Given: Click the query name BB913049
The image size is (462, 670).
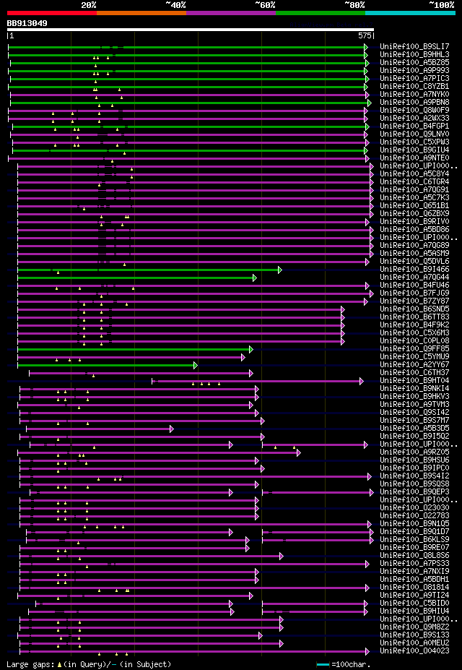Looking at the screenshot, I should coord(27,23).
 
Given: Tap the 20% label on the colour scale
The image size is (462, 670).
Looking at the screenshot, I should coord(89,5).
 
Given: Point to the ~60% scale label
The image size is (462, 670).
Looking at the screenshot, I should coord(265,5).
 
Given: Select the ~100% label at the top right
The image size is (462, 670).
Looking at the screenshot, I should coord(441,5).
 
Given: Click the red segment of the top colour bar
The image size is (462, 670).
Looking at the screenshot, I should coord(51,12).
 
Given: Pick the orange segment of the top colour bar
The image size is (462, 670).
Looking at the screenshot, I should coord(141,12).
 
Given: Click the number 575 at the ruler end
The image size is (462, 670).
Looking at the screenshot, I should coord(365,35).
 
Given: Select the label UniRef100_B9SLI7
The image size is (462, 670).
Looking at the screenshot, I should coord(414,46).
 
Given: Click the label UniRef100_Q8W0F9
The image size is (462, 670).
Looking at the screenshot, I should coord(414,110).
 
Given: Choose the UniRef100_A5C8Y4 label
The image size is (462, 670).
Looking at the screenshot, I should coord(414,173).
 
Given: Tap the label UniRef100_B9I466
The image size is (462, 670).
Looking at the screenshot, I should coord(414,269).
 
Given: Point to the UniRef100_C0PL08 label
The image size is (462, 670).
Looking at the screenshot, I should coord(414,340).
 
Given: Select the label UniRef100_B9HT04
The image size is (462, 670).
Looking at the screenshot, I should coord(414,380).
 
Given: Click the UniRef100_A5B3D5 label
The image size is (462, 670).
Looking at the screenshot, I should coord(414,428).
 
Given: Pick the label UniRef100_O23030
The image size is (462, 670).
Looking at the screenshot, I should coord(414,507).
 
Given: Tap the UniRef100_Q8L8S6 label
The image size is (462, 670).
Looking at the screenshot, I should coord(414,555).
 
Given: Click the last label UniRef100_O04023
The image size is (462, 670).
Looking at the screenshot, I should coord(414,650).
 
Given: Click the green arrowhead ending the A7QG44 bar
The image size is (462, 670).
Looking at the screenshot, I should coord(255,277).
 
